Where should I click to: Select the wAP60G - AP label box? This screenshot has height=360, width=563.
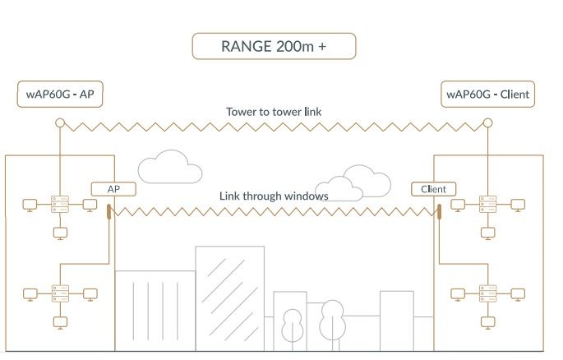pos(60,94)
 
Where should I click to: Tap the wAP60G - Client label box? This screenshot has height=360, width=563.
pos(487,94)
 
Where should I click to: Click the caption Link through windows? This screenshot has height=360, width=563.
pos(274,196)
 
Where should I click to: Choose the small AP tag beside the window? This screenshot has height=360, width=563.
pos(113,189)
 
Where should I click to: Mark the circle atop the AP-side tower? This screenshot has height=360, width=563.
pos(59,123)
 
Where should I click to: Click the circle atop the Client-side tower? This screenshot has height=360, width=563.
pos(487,123)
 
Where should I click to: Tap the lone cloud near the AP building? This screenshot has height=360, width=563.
pos(169,168)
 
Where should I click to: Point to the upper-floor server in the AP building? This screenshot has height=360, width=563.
pos(59,204)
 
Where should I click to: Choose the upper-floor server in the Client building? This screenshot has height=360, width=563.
pos(488,204)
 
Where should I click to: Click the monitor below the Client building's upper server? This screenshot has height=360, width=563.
pos(488,232)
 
